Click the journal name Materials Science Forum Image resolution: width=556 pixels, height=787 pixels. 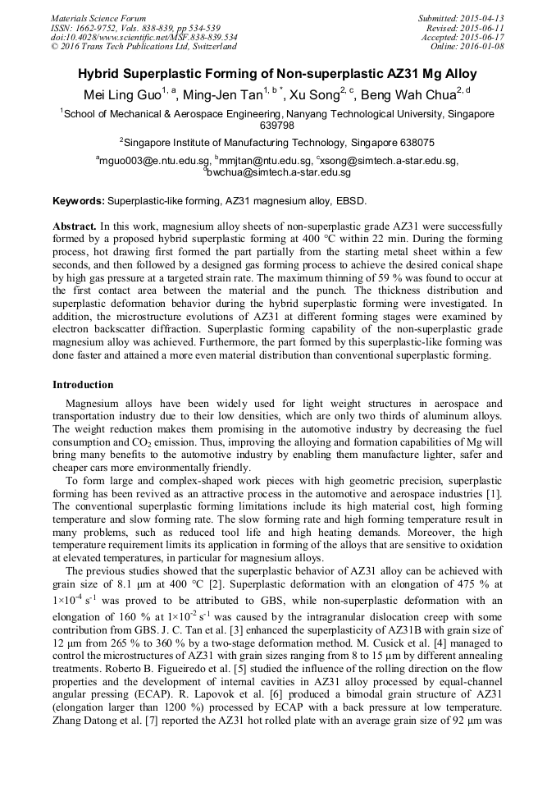[x=98, y=18]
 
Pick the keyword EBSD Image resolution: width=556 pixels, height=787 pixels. [x=351, y=200]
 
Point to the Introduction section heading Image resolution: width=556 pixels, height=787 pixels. [x=83, y=384]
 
